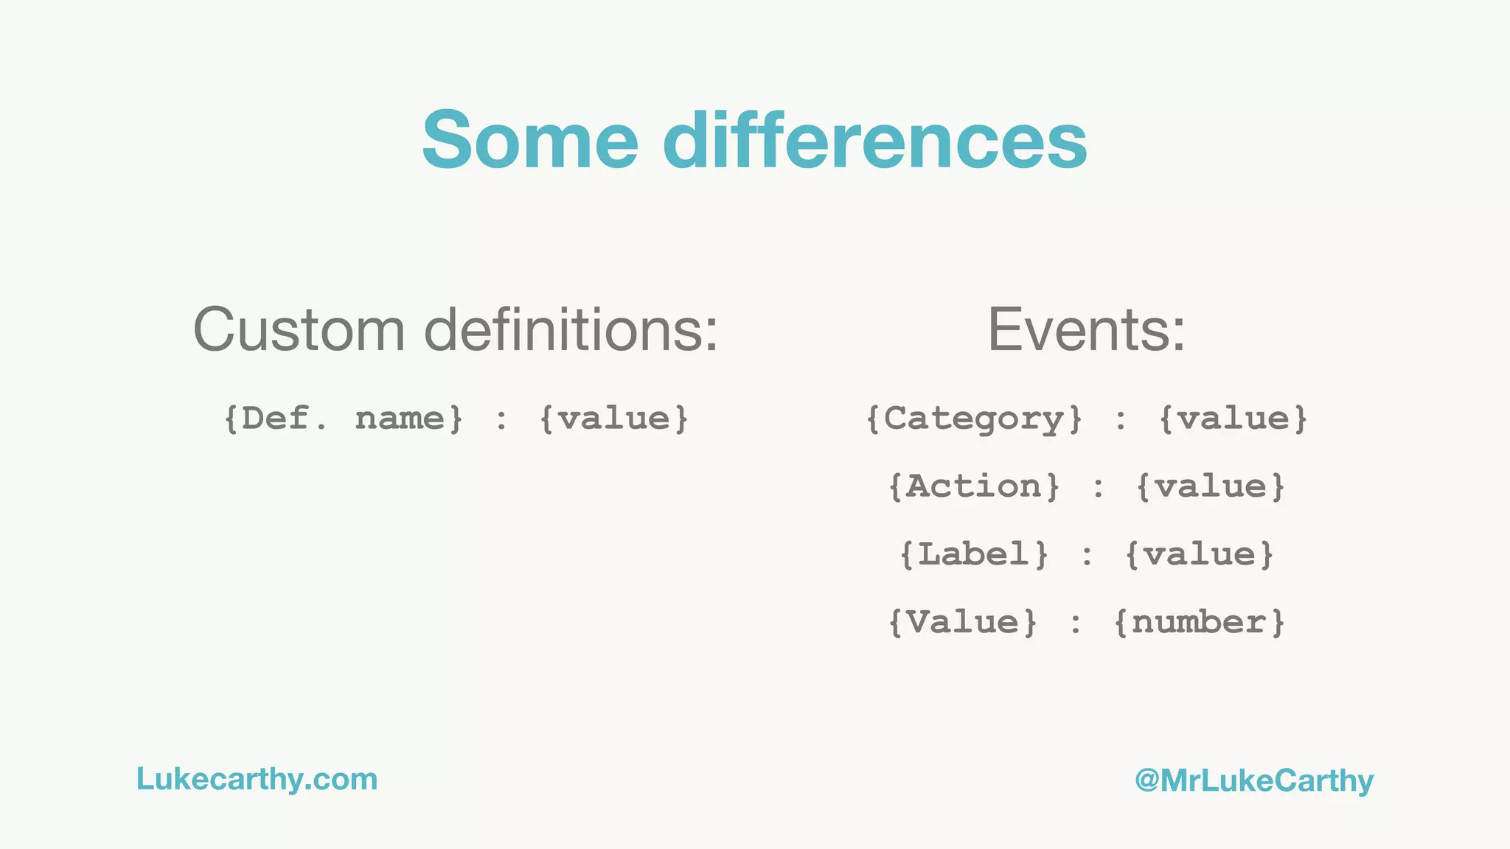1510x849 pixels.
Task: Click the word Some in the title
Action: (529, 139)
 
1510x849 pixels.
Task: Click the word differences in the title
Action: (874, 139)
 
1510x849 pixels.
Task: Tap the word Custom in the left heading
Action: (299, 329)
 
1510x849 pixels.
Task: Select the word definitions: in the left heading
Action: (571, 329)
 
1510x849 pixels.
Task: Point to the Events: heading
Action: (1086, 329)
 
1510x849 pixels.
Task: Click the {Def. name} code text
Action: (344, 419)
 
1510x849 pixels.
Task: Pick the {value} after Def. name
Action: (613, 419)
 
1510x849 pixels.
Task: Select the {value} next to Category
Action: (1233, 419)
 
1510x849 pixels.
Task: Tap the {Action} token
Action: (974, 486)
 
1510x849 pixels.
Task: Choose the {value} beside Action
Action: (1211, 486)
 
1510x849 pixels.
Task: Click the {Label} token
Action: (974, 554)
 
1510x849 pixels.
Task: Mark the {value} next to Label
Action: (1200, 554)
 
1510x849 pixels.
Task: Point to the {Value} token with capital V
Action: (963, 622)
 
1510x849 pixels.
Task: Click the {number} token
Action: (1199, 622)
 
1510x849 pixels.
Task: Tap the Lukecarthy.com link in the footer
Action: (257, 779)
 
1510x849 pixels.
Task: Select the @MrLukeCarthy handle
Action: (1254, 780)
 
